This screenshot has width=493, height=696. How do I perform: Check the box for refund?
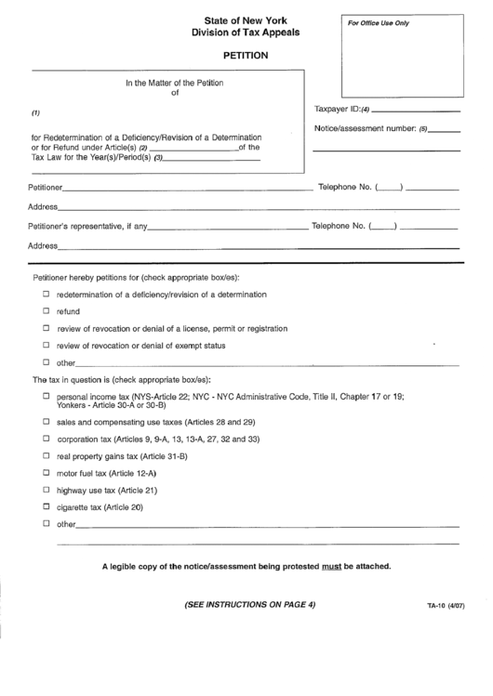pos(46,311)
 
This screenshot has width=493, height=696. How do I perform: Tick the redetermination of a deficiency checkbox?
pos(46,294)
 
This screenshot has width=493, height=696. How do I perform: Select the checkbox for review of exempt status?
pos(46,346)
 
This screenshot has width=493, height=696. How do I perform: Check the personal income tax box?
pos(46,396)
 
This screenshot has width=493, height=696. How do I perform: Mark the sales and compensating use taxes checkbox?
pos(46,421)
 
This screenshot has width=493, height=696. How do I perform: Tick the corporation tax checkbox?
pos(46,439)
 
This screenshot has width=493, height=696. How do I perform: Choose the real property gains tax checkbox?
pos(46,456)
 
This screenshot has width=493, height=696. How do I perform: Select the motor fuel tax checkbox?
pos(46,473)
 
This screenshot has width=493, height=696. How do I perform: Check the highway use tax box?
pos(46,490)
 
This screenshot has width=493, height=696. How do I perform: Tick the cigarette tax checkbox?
pos(46,506)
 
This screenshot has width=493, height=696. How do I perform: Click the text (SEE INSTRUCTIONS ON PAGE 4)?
pos(245,606)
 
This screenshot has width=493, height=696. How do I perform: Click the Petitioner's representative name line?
pos(227,228)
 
